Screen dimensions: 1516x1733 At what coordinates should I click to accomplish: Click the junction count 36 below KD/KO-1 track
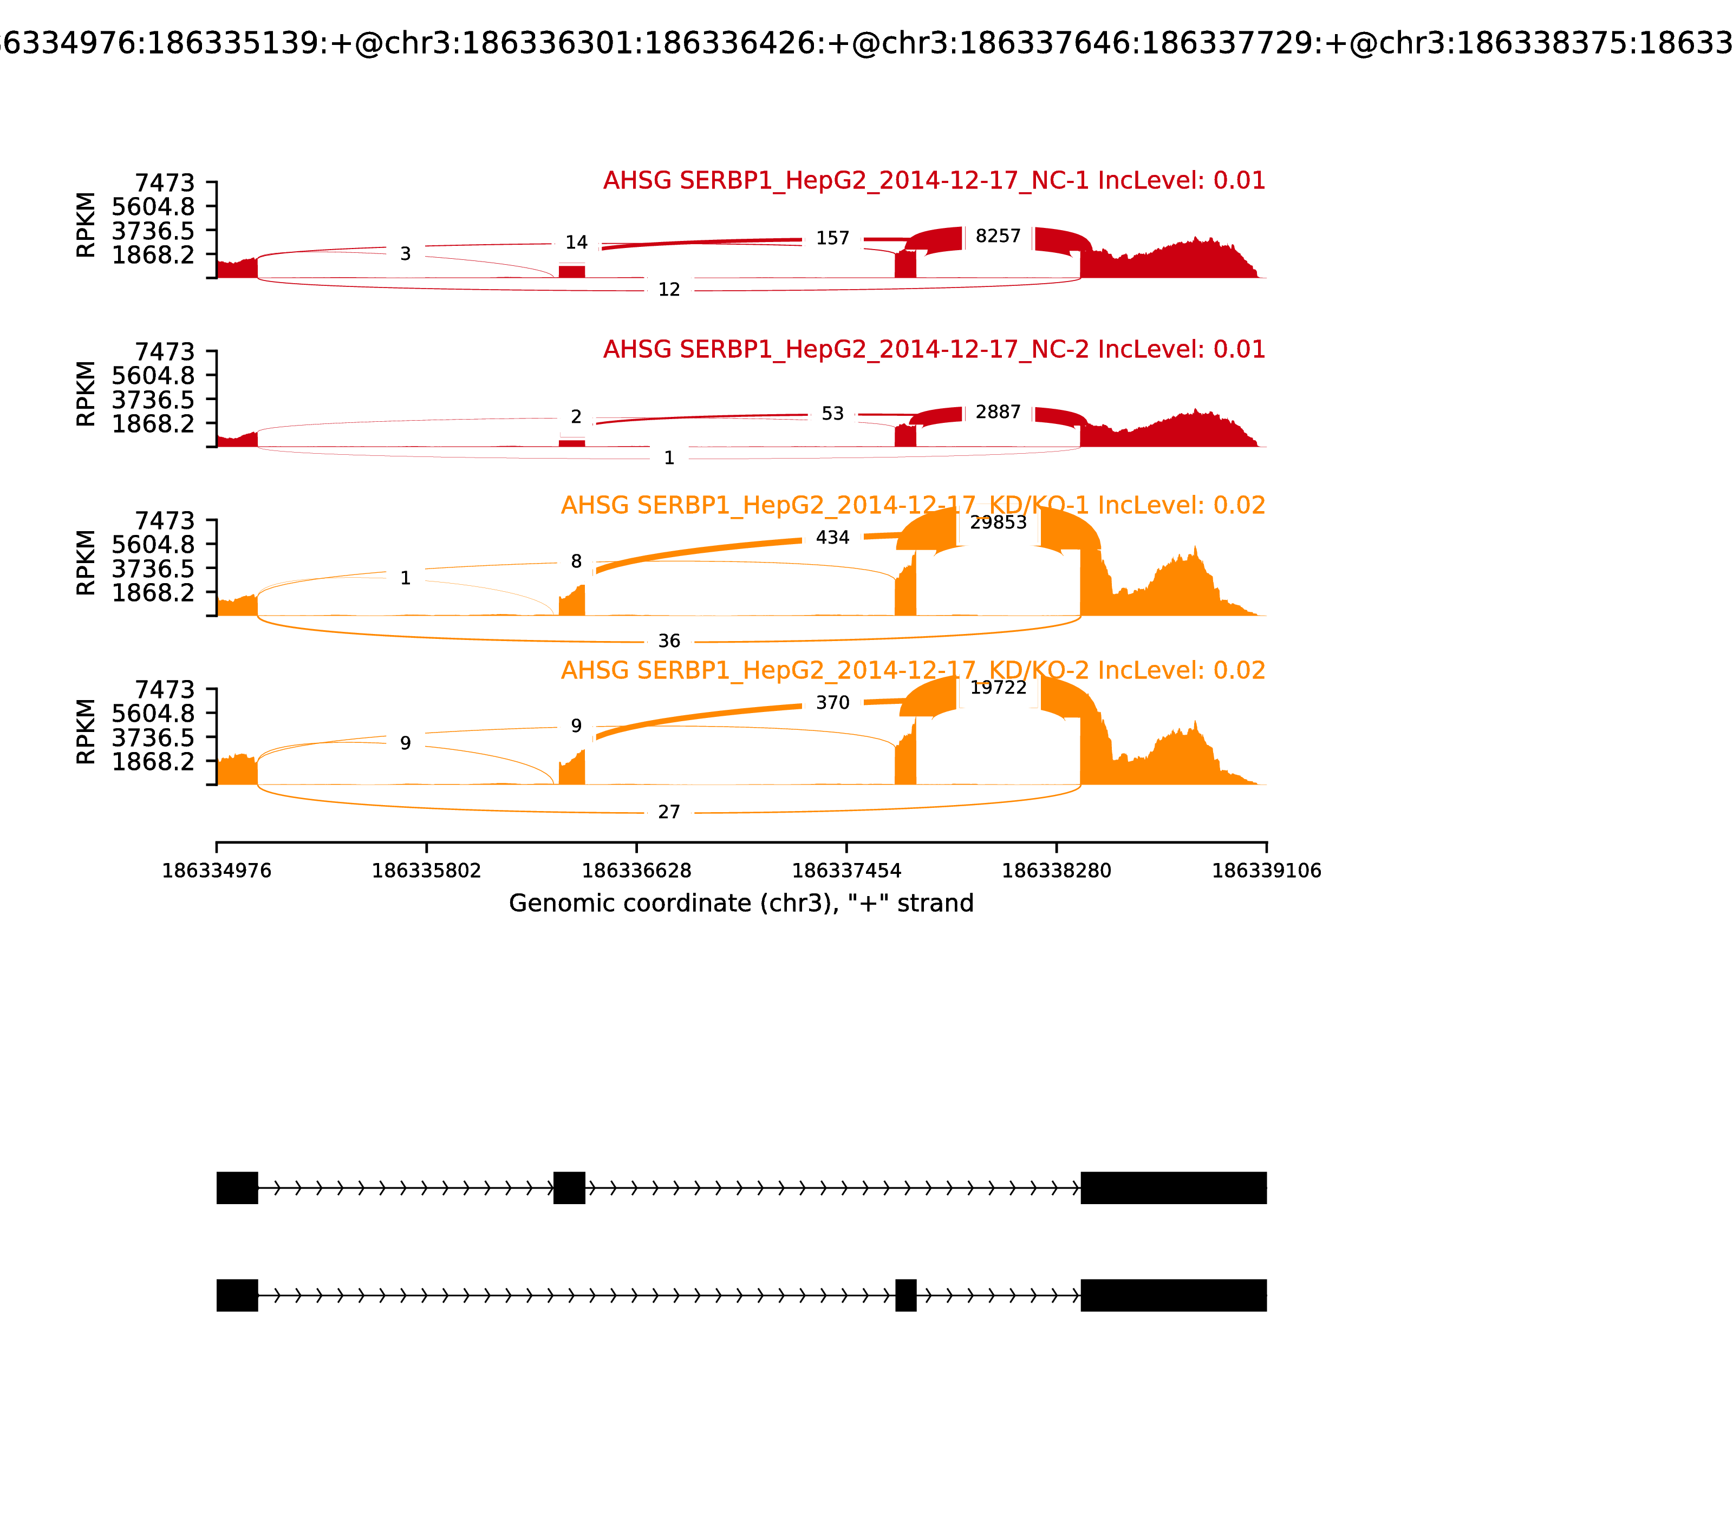click(668, 641)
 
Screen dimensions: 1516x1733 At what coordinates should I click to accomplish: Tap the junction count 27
click(668, 812)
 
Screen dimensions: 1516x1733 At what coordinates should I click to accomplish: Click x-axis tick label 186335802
click(427, 871)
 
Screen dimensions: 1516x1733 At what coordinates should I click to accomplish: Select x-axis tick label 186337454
click(846, 871)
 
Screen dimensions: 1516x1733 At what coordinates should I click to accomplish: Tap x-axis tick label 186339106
click(1266, 871)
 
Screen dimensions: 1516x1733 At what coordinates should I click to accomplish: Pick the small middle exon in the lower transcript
click(905, 1295)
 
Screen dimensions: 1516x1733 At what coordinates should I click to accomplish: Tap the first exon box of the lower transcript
click(237, 1295)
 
